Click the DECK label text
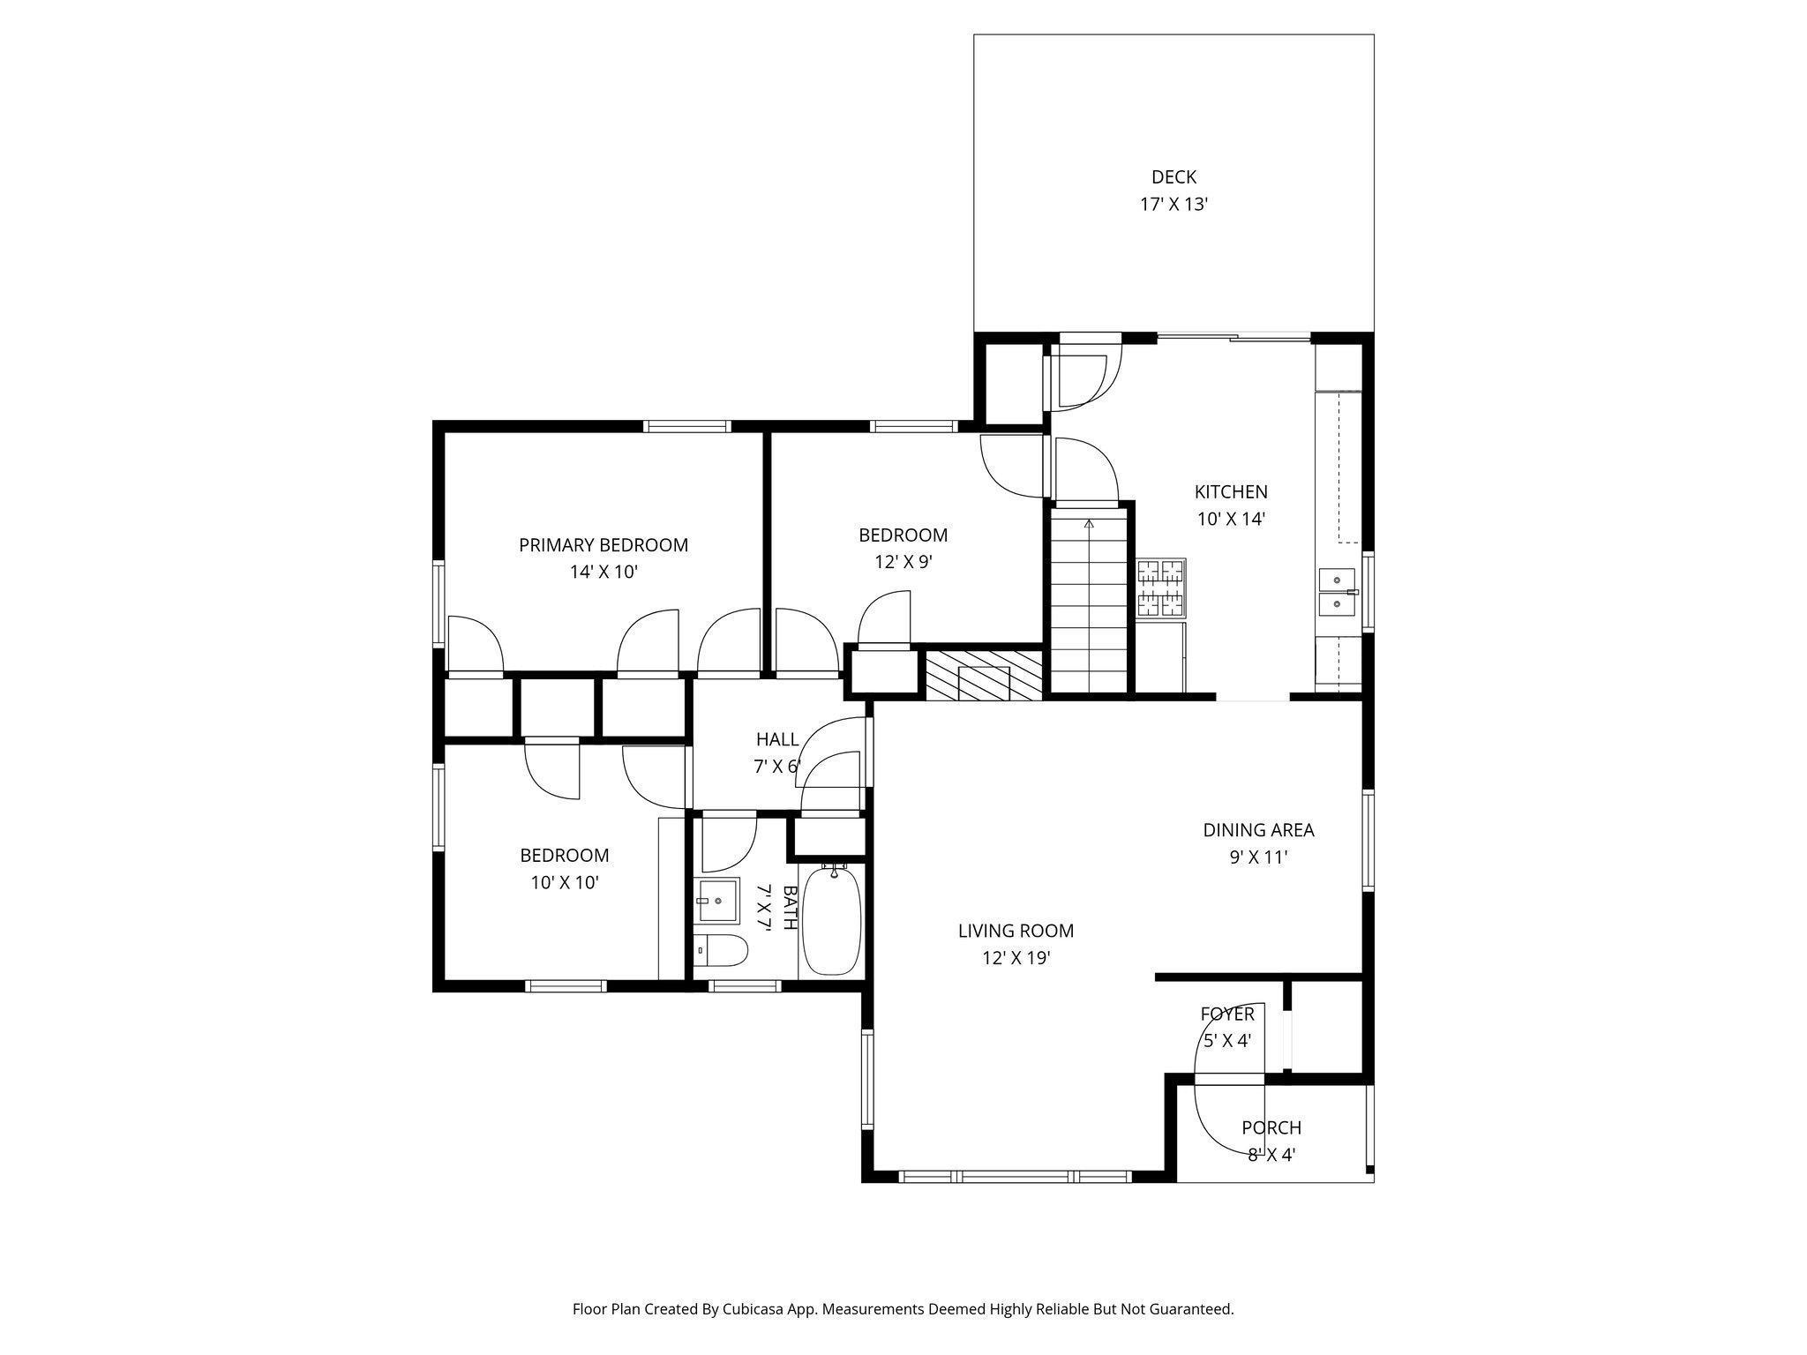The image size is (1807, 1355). [1173, 177]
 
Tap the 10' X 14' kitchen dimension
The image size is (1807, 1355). [1231, 520]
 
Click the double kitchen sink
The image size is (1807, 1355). [1336, 592]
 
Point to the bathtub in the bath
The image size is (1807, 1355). [832, 921]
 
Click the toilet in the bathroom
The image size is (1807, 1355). [721, 951]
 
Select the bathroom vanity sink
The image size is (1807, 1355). [716, 901]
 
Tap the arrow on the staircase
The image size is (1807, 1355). [1089, 524]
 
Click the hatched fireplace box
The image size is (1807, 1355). [984, 676]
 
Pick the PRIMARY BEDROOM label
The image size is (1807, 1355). [603, 545]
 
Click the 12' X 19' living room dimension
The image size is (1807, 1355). [1016, 958]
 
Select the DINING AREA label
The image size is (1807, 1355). [1258, 830]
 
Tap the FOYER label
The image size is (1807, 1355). [1226, 1014]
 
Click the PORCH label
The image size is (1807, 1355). [1271, 1127]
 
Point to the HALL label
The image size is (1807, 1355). [776, 739]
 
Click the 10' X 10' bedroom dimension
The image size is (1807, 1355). [565, 882]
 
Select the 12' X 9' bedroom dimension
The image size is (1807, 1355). [903, 562]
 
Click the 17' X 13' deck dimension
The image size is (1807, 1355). [1173, 205]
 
